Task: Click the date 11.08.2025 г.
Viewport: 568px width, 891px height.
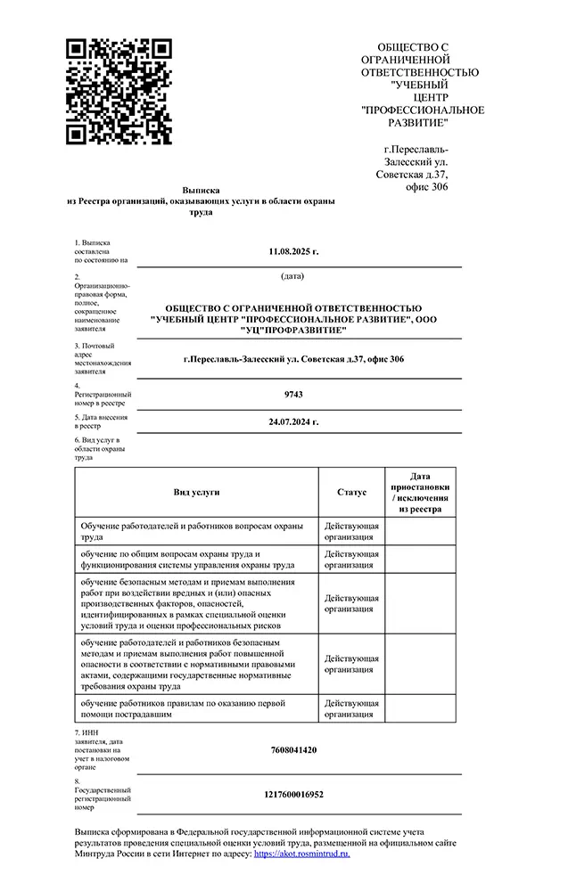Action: click(293, 251)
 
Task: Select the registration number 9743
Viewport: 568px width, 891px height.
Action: click(293, 393)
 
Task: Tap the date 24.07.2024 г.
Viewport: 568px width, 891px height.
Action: click(293, 421)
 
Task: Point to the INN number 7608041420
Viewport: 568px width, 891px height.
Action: click(293, 749)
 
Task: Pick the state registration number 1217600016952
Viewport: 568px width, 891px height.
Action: click(293, 793)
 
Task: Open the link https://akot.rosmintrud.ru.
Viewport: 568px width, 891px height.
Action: click(302, 853)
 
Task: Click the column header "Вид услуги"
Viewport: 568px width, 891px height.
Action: click(196, 492)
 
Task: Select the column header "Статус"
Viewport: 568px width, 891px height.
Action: click(351, 492)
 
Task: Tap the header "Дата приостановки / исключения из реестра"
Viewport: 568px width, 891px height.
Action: click(420, 493)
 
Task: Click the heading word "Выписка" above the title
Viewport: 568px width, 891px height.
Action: click(201, 191)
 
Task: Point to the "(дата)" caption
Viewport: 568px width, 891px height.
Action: click(292, 276)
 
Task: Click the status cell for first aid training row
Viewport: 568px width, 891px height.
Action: click(351, 708)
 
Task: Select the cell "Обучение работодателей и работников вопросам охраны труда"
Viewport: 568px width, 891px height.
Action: click(196, 531)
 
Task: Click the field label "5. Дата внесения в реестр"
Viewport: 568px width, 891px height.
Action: click(101, 421)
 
